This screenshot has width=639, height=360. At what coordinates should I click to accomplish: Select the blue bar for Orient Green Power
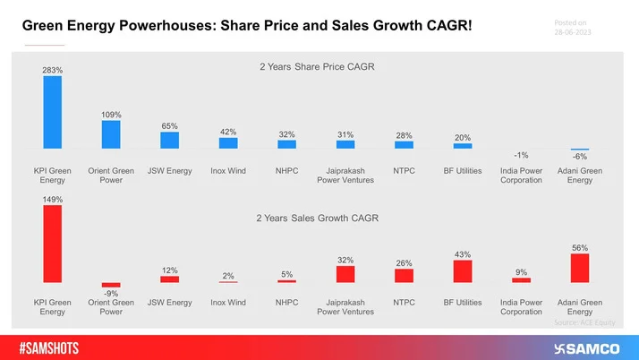click(111, 134)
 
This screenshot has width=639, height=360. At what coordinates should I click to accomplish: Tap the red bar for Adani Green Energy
click(580, 268)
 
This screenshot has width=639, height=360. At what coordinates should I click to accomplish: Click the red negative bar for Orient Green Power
click(111, 285)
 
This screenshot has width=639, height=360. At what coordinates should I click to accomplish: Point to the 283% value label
click(53, 69)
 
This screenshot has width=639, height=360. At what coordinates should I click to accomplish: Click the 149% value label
click(53, 198)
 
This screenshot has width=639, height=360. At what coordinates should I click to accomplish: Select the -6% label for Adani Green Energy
click(580, 157)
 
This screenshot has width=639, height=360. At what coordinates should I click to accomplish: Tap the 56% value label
click(580, 246)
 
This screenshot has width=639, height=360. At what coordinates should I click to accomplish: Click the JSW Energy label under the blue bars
click(170, 170)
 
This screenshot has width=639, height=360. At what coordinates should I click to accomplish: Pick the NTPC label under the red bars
click(405, 303)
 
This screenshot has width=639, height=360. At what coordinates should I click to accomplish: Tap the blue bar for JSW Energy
click(170, 140)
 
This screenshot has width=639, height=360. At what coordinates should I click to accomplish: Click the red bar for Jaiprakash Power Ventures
click(345, 274)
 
